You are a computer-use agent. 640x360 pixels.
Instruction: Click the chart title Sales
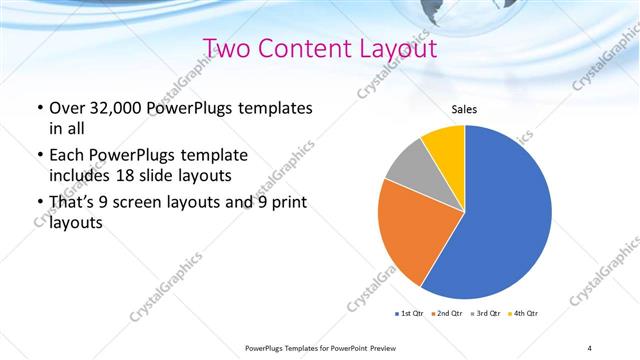[465, 109]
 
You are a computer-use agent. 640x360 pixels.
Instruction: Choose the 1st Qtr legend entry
[411, 314]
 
